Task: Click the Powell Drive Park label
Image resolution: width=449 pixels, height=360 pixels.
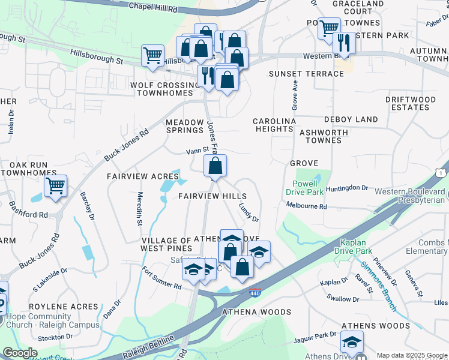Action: [309, 188]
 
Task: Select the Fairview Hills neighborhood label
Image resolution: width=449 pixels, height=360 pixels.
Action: [212, 197]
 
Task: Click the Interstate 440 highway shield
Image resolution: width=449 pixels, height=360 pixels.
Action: [255, 293]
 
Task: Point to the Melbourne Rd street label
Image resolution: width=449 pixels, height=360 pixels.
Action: [306, 206]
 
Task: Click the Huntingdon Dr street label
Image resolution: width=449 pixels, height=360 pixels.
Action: [348, 188]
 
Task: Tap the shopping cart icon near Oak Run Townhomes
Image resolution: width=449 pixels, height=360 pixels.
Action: [55, 185]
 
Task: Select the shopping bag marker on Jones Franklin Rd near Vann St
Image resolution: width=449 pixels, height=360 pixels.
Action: [215, 166]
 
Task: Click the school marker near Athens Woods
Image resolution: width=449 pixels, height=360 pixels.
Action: [352, 343]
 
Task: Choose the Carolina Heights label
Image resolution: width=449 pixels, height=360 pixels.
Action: [274, 125]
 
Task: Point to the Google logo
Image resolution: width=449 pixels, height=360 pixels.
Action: [20, 353]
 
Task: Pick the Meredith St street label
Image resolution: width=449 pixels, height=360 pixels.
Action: [139, 209]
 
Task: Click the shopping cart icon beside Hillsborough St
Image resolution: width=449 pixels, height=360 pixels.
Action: [153, 56]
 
